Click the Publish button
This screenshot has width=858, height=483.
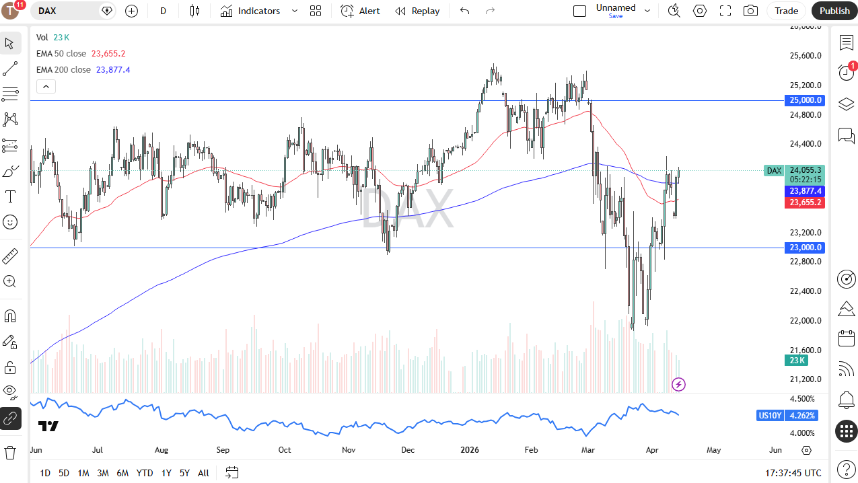[834, 11]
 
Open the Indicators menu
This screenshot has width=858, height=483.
[258, 11]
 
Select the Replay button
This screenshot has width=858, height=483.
[417, 11]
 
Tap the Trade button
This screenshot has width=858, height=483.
[786, 11]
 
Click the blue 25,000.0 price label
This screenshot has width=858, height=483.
[806, 100]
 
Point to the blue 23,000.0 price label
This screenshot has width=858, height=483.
[806, 248]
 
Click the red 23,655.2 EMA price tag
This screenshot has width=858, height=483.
[806, 202]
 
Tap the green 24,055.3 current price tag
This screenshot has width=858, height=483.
[806, 170]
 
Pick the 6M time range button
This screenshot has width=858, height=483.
[122, 473]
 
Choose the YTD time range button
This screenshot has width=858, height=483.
[145, 473]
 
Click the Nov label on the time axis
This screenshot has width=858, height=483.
[348, 450]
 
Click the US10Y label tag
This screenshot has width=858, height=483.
[770, 416]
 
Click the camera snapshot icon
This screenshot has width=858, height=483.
[750, 11]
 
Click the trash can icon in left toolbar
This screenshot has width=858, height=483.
[10, 452]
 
